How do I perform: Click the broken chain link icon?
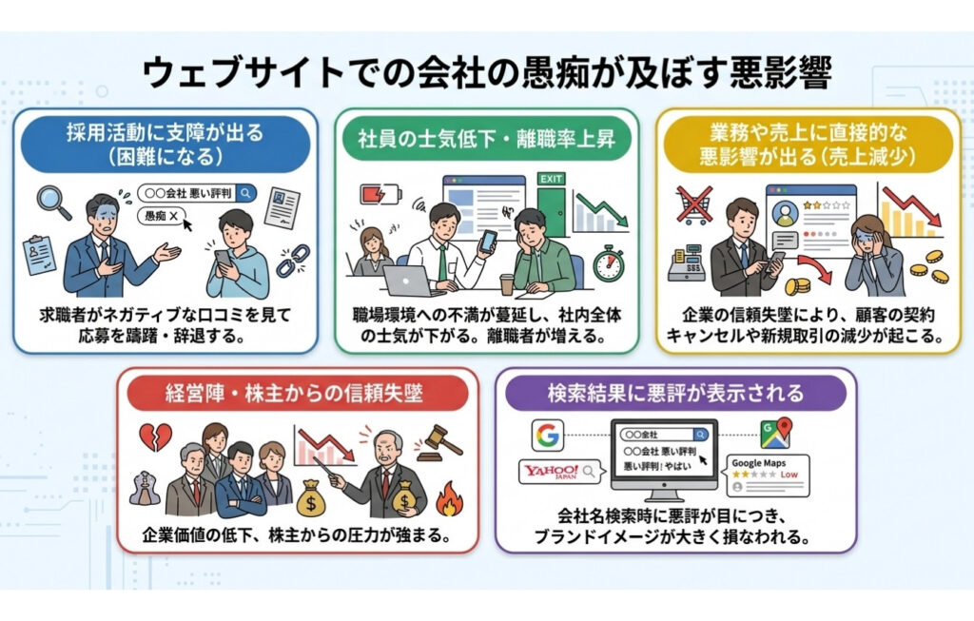292,260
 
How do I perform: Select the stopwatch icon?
609,262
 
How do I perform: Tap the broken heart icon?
156,435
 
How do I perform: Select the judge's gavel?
438,438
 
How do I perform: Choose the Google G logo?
548,435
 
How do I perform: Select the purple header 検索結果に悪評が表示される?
676,392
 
